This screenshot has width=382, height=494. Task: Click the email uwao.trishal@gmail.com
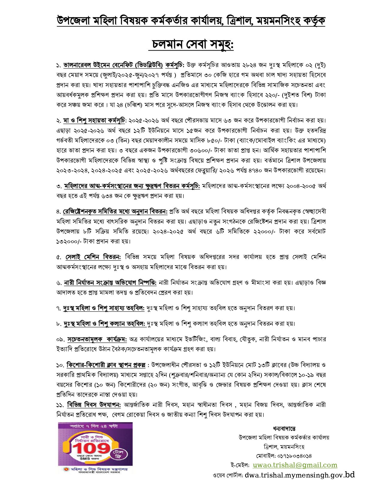[295, 465]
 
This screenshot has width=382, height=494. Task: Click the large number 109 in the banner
[91, 449]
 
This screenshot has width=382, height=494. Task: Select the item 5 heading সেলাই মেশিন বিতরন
[93, 257]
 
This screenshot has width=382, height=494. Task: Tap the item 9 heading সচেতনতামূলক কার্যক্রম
[97, 339]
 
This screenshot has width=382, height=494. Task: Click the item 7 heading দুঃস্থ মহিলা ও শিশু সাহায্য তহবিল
[104, 308]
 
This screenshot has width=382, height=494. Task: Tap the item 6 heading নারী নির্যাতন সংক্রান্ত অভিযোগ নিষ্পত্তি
[110, 283]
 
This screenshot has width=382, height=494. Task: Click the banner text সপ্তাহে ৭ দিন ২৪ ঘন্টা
[95, 425]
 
